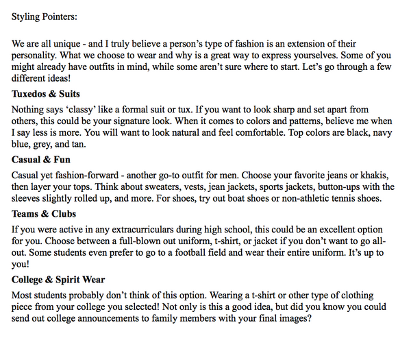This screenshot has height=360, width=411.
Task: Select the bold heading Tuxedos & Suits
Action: pyautogui.click(x=46, y=94)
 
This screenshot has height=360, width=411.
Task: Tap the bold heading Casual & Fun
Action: pyautogui.click(x=41, y=160)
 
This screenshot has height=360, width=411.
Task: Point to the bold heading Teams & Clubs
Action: pyautogui.click(x=44, y=214)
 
